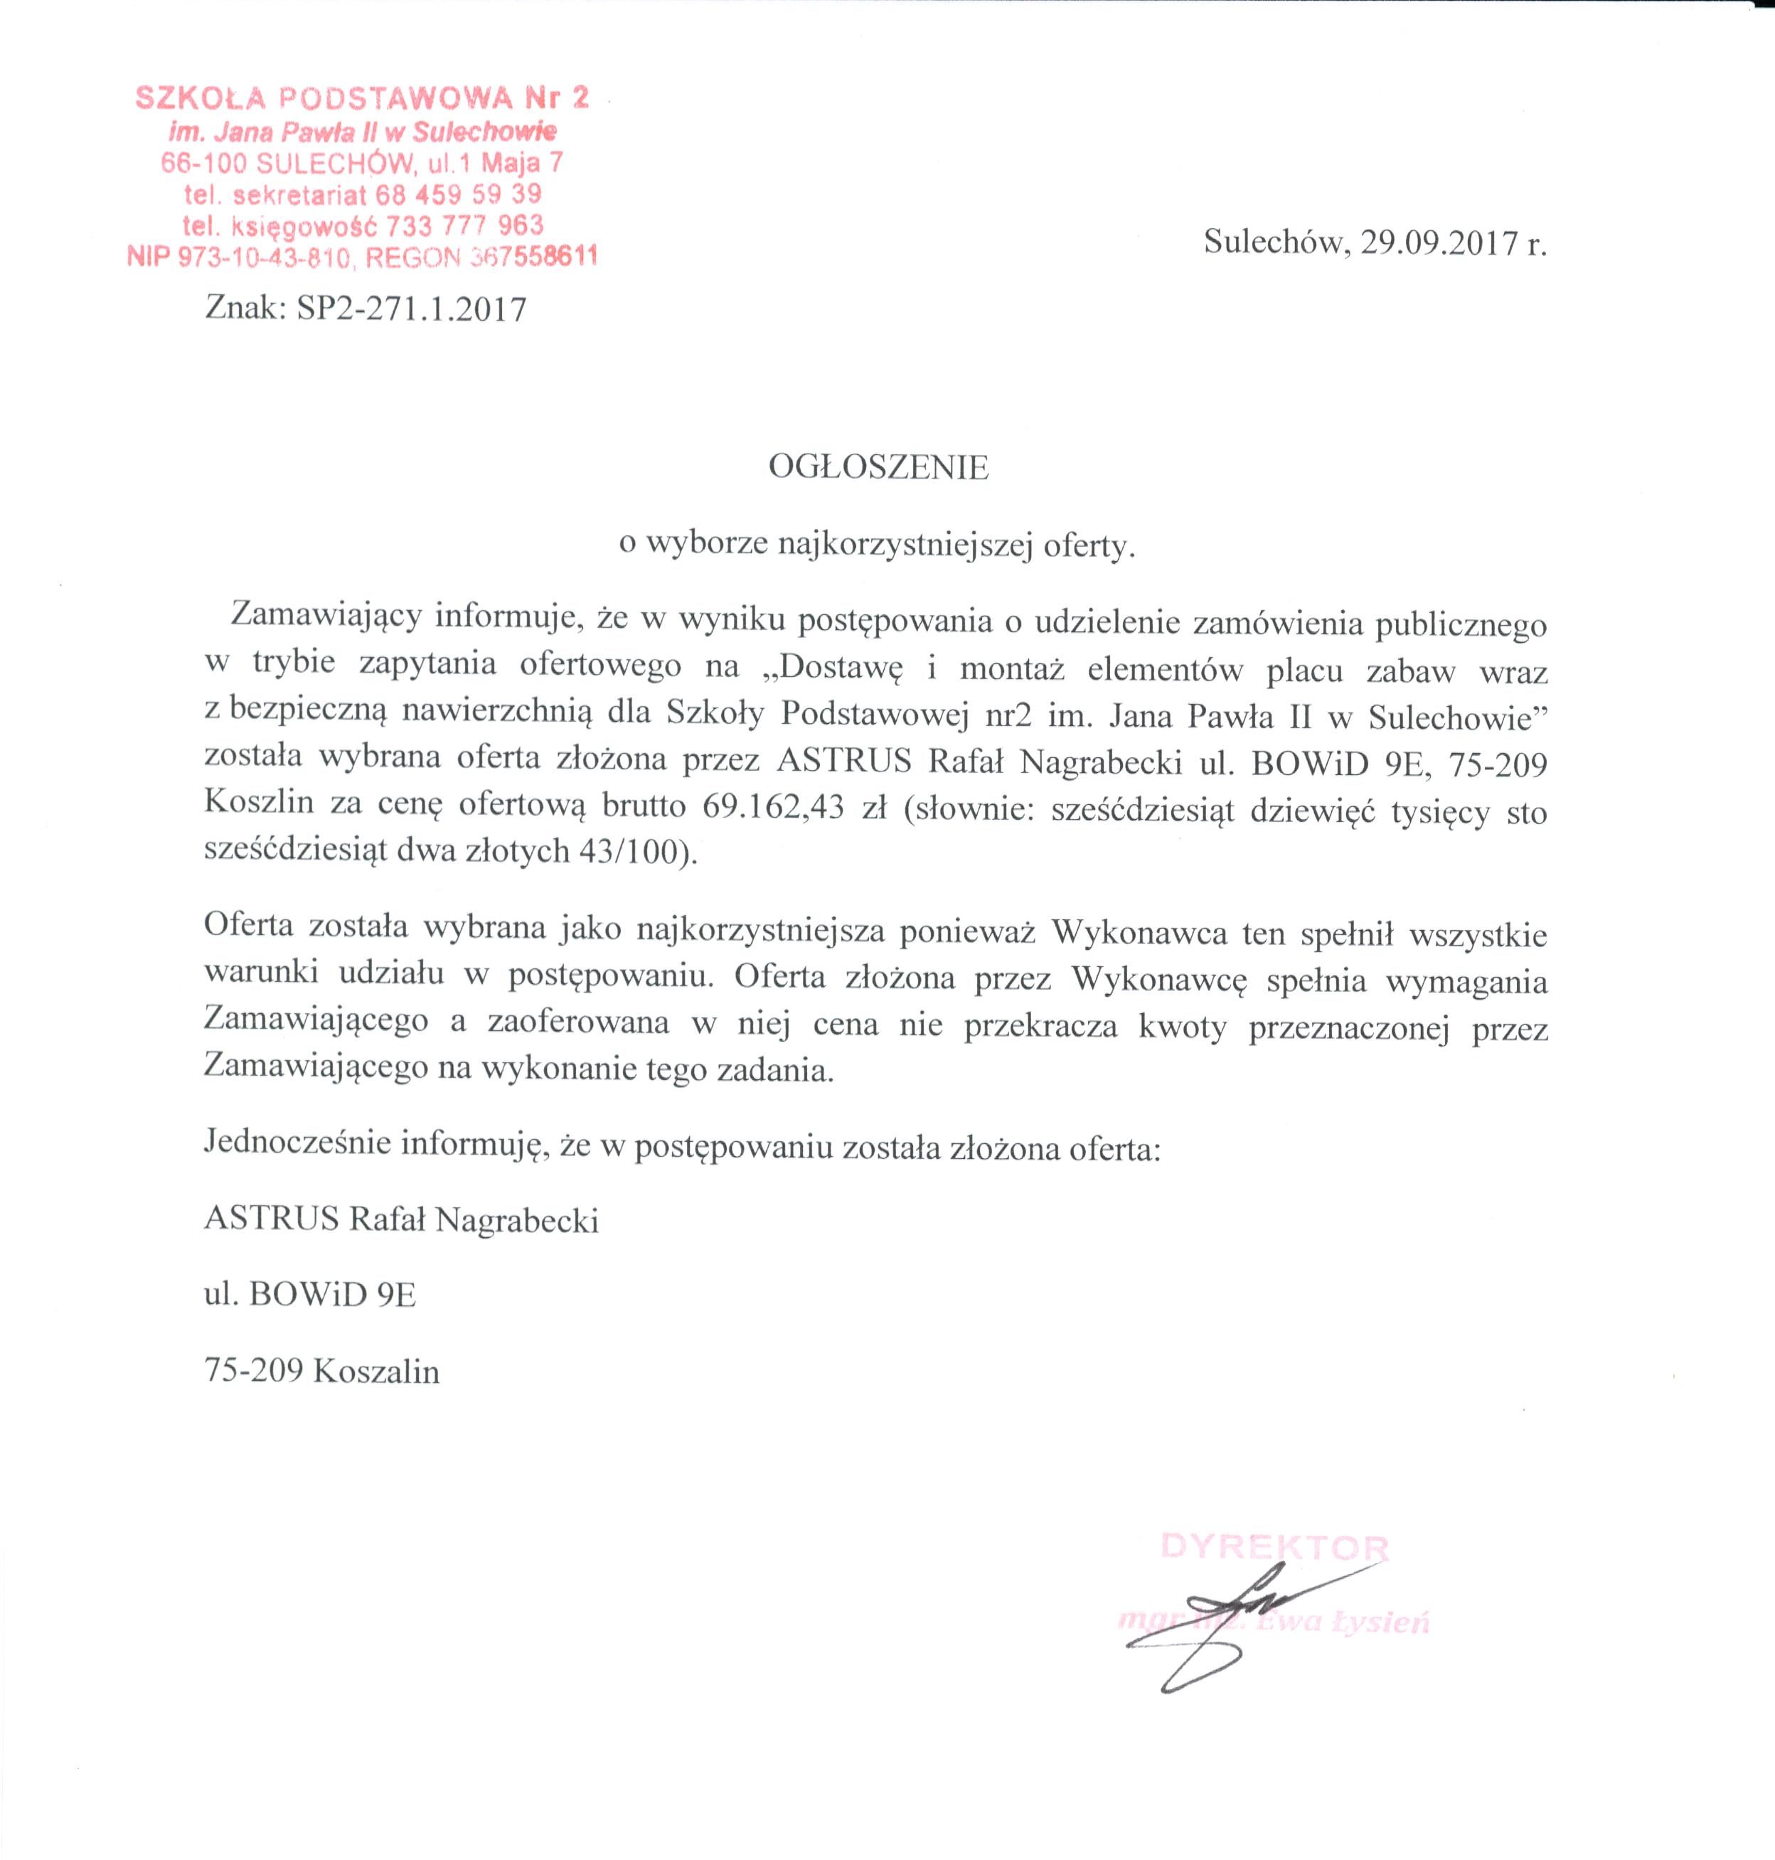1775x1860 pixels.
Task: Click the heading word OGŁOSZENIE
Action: tap(878, 467)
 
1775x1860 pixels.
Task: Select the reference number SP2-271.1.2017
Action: tap(412, 309)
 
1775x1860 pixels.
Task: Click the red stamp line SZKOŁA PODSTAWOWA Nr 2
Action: tap(363, 97)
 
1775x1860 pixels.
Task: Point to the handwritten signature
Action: tap(1230, 1620)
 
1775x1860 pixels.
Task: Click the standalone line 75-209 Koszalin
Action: tap(321, 1371)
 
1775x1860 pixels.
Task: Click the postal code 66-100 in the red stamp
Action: tap(203, 163)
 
